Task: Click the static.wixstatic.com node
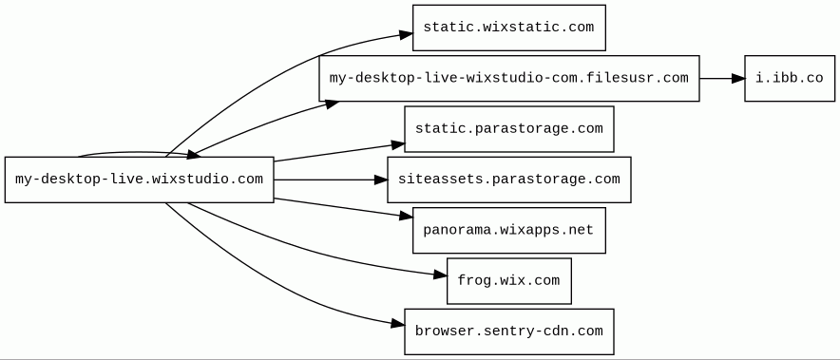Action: [x=509, y=28]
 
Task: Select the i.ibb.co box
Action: [x=790, y=78]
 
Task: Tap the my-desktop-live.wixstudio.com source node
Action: [x=140, y=180]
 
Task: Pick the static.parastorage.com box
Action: [x=509, y=129]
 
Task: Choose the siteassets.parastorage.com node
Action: [x=509, y=180]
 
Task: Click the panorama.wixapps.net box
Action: [x=509, y=231]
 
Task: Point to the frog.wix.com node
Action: [x=509, y=281]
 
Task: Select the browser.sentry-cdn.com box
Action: [x=509, y=332]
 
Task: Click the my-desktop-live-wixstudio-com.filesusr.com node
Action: [x=509, y=78]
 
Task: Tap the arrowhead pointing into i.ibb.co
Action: [x=738, y=78]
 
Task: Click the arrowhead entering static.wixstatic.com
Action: [x=406, y=35]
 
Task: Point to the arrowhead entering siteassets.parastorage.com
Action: [x=381, y=180]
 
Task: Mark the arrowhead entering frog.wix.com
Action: [x=440, y=275]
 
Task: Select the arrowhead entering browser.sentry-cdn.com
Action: [x=398, y=324]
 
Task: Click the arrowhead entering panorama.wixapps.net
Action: [x=406, y=216]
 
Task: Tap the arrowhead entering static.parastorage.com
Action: [x=398, y=144]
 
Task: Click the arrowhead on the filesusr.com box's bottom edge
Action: [x=331, y=103]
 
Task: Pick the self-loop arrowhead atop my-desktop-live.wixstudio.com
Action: [x=193, y=155]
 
